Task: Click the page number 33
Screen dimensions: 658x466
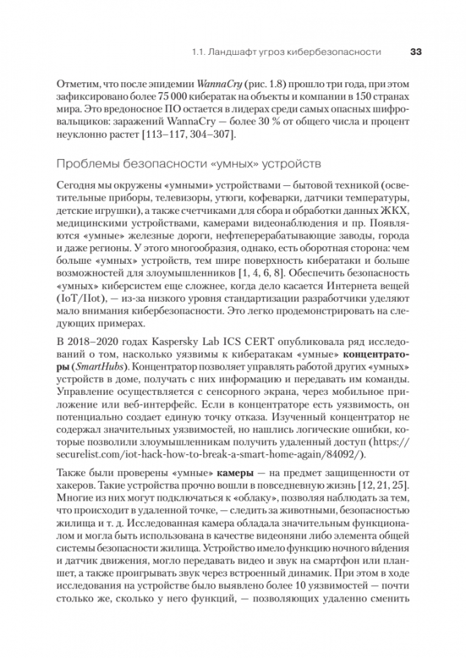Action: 415,52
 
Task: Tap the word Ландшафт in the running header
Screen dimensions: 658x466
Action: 229,52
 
